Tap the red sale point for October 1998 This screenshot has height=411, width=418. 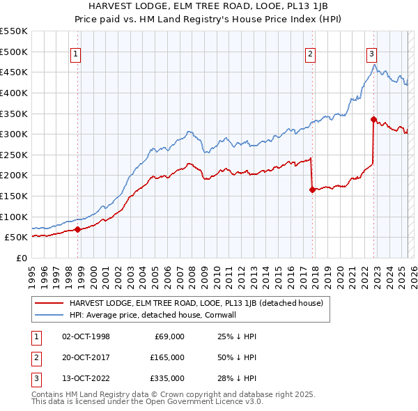77,229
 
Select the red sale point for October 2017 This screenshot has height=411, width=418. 312,189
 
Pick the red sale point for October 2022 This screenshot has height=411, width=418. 373,119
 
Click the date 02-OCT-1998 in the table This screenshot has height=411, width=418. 86,336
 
